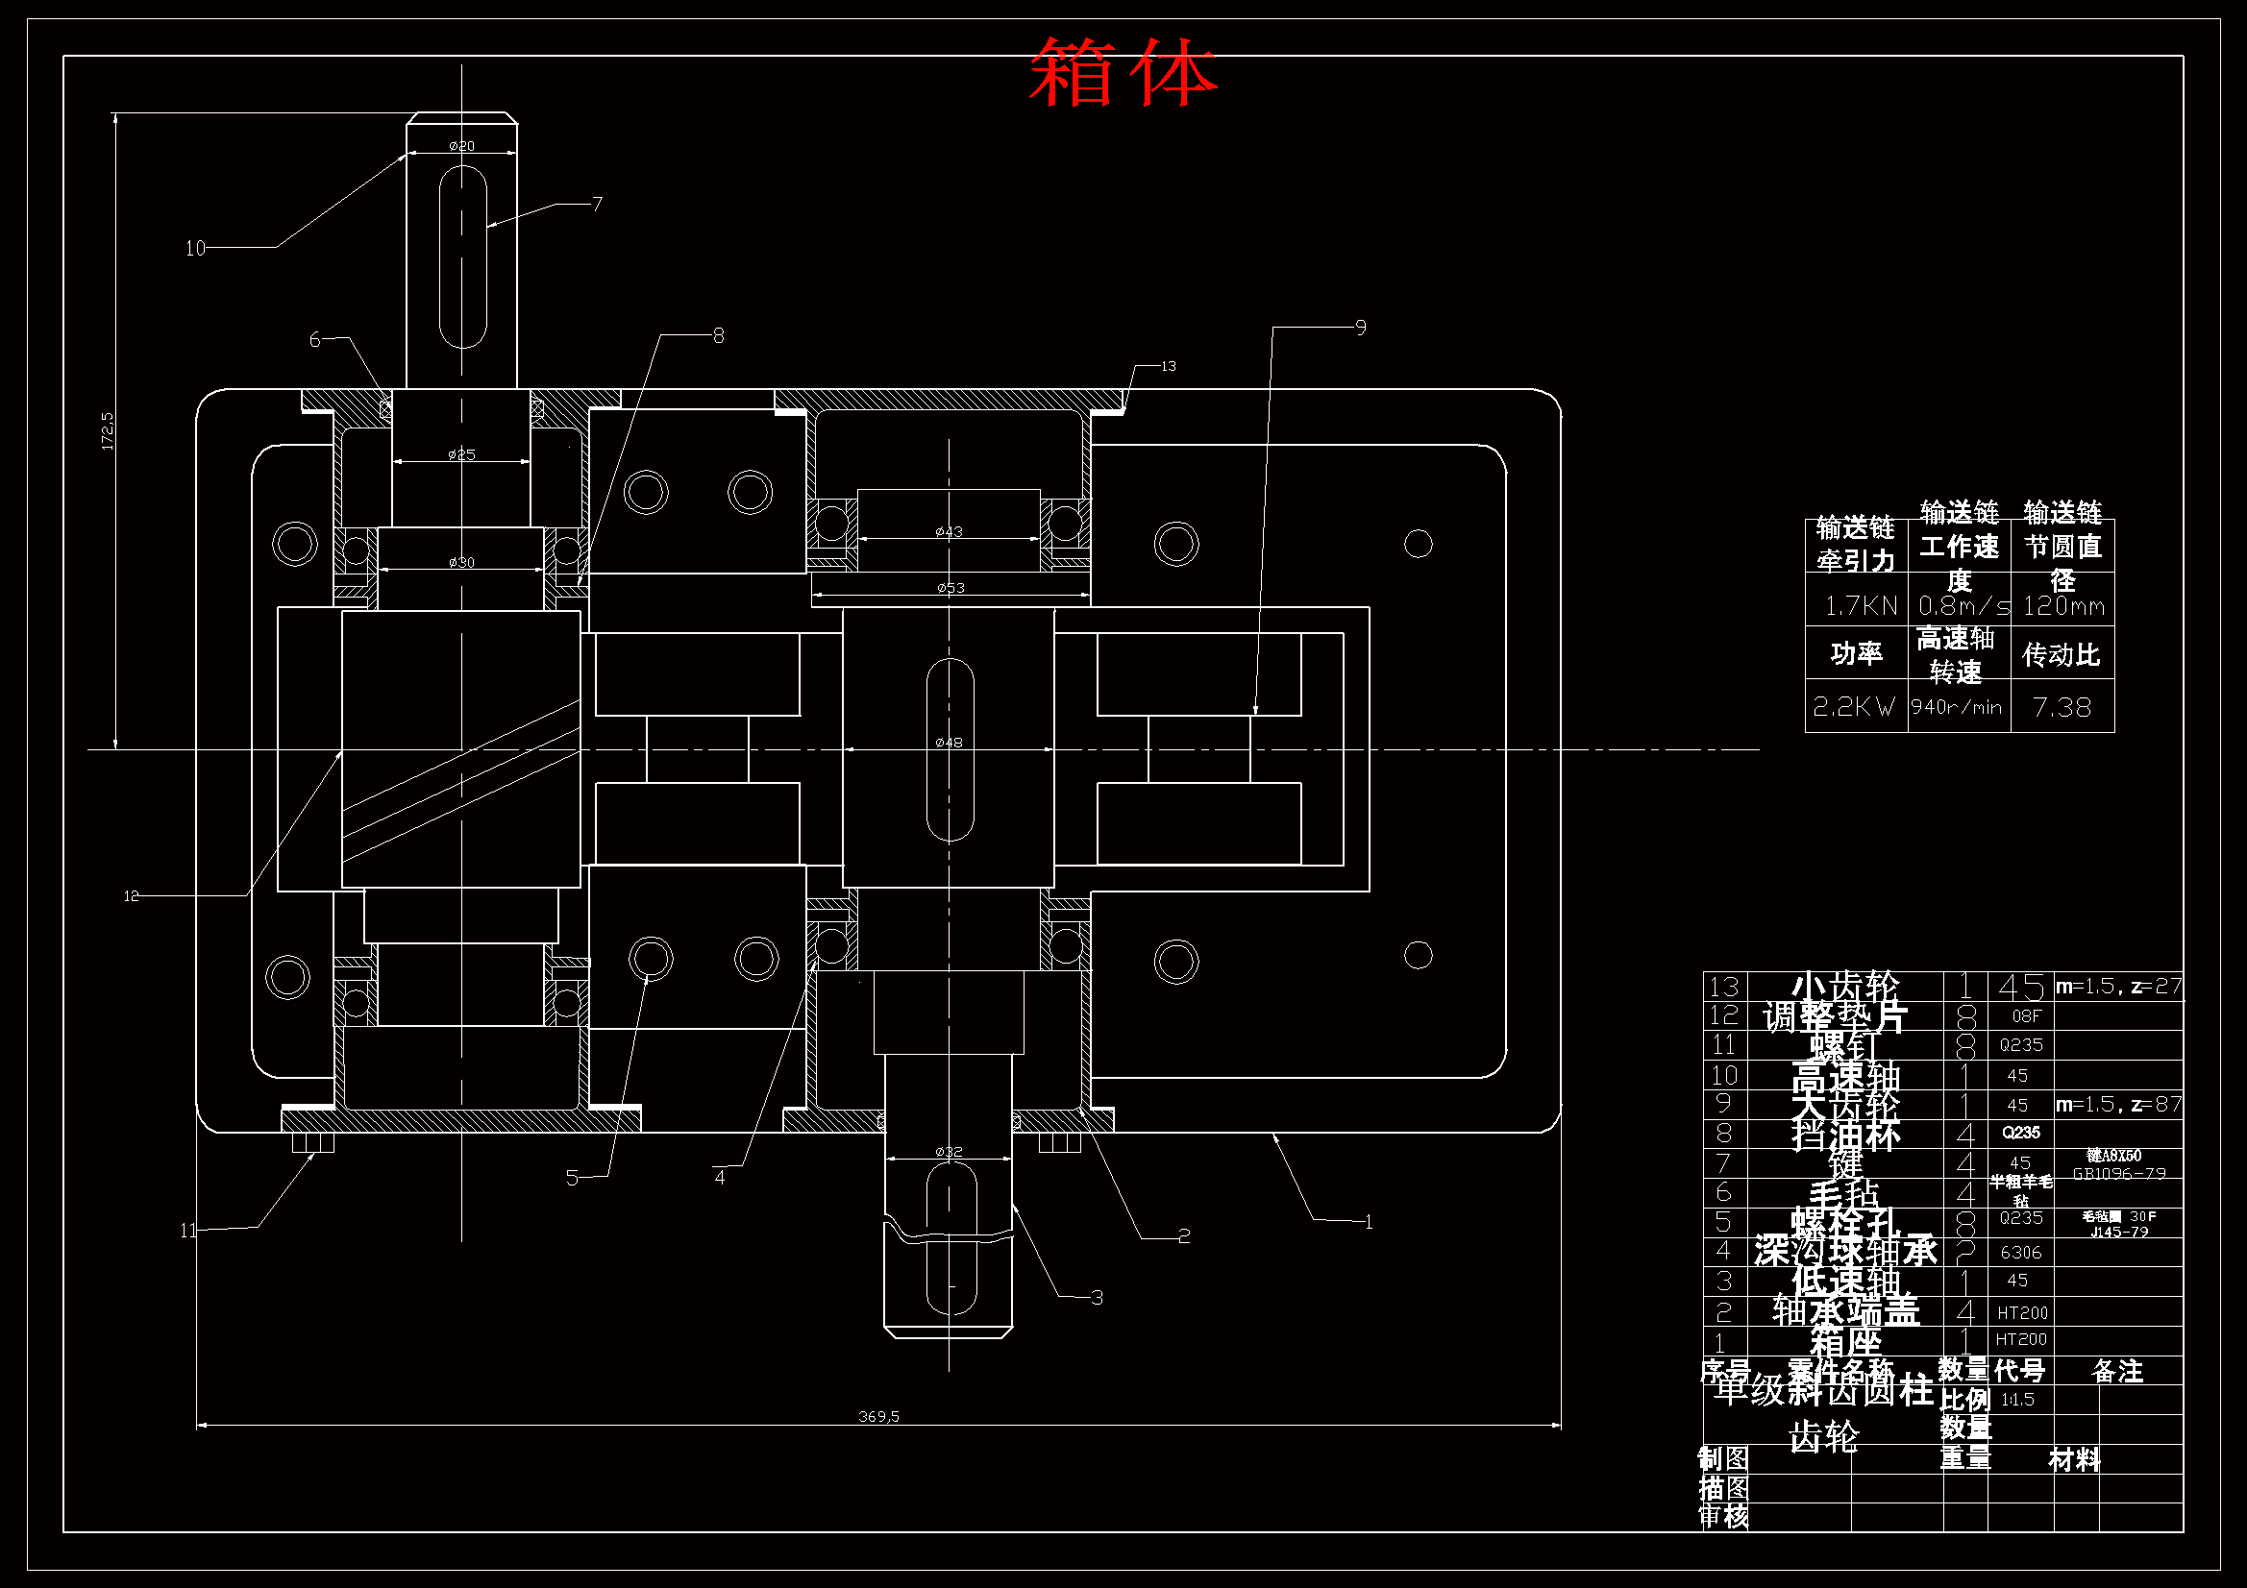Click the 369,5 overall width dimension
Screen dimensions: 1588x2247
pyautogui.click(x=877, y=1416)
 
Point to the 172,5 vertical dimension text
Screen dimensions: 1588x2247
pyautogui.click(x=108, y=430)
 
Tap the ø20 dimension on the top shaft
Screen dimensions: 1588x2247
pyautogui.click(x=462, y=146)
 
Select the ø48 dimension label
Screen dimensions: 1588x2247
pyautogui.click(x=949, y=743)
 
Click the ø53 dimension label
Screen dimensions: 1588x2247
pyautogui.click(x=951, y=588)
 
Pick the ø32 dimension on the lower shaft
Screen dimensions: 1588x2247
pyautogui.click(x=949, y=1152)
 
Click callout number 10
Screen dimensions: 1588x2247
pyautogui.click(x=196, y=249)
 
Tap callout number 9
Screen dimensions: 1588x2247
pyautogui.click(x=1360, y=328)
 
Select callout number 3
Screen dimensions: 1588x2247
pyautogui.click(x=1098, y=1298)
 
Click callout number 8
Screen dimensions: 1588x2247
pyautogui.click(x=718, y=335)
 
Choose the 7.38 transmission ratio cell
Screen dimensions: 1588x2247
pyautogui.click(x=2062, y=707)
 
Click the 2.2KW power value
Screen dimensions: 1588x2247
pyautogui.click(x=1854, y=707)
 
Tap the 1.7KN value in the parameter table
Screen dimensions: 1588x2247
pyautogui.click(x=1861, y=606)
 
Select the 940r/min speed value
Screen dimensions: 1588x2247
pyautogui.click(x=1957, y=707)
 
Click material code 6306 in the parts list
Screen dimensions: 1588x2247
pyautogui.click(x=2021, y=1253)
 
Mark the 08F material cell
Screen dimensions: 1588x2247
pyautogui.click(x=2026, y=1015)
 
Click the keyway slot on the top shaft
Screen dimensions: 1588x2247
pyautogui.click(x=463, y=257)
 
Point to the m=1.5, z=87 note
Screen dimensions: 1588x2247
pyautogui.click(x=2118, y=1105)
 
